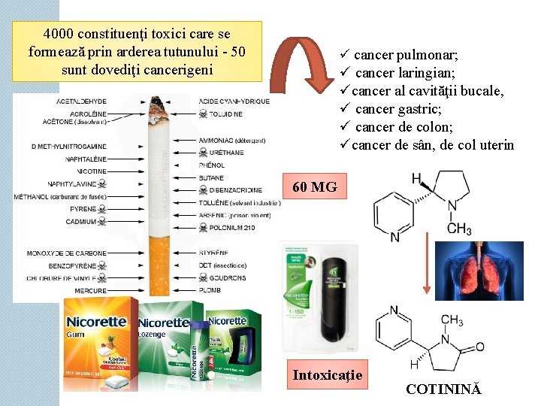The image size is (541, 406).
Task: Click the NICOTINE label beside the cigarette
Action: point(90,171)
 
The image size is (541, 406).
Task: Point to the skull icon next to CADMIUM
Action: point(102,222)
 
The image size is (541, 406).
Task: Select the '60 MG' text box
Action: point(314,187)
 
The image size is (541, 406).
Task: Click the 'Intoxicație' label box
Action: point(327,375)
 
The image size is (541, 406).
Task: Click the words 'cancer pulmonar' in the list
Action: point(406,55)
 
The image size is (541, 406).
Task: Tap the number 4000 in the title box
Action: point(59,35)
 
